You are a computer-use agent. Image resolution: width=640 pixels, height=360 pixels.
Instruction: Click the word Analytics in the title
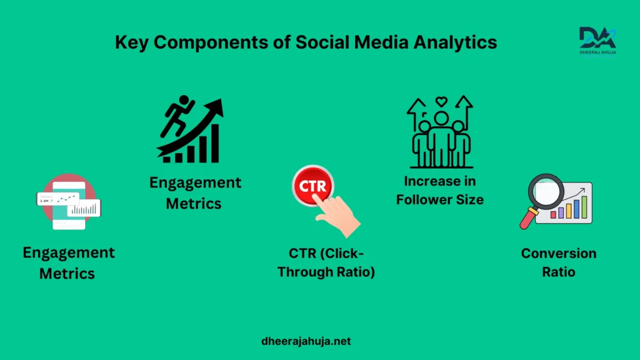(x=455, y=42)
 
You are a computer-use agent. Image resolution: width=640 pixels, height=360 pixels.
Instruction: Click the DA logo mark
(x=597, y=37)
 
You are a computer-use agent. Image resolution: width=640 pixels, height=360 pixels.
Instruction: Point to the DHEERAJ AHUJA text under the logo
(x=598, y=52)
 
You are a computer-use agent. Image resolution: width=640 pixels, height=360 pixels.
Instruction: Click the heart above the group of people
(x=441, y=101)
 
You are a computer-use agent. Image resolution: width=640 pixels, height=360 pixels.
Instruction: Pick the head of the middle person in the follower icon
(x=441, y=118)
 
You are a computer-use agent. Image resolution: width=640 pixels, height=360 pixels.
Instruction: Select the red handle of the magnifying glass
(x=527, y=218)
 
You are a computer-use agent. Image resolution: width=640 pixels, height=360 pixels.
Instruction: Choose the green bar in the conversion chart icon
(x=584, y=207)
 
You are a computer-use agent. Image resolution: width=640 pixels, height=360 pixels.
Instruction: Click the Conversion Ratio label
(x=558, y=262)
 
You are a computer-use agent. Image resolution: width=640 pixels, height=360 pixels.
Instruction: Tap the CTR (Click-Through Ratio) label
(x=326, y=262)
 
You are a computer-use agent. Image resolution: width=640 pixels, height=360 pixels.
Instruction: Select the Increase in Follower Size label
(x=440, y=190)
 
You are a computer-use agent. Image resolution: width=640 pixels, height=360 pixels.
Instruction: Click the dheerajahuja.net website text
(x=306, y=341)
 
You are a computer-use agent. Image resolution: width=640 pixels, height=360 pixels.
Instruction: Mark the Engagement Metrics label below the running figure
(x=195, y=192)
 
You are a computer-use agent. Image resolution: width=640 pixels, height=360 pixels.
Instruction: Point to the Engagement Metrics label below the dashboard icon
(x=69, y=263)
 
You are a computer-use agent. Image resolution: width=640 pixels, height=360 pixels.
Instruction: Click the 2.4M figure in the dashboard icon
(x=44, y=201)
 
